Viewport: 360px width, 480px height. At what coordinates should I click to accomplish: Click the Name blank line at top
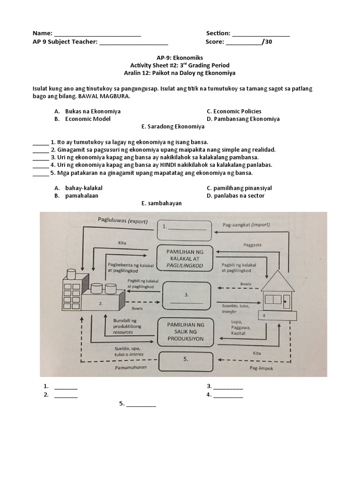click(97, 34)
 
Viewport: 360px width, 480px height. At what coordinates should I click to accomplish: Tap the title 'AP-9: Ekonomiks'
click(180, 58)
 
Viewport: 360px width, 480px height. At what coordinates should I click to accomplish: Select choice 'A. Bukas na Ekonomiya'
click(87, 112)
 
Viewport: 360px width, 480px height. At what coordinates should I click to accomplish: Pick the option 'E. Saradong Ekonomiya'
click(172, 127)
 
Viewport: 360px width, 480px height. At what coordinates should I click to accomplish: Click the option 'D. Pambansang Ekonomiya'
click(243, 119)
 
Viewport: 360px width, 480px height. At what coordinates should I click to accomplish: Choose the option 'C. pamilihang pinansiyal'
click(239, 188)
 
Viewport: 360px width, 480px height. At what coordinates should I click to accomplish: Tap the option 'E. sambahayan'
click(161, 203)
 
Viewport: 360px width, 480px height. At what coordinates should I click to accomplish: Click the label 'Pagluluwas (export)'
click(123, 220)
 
